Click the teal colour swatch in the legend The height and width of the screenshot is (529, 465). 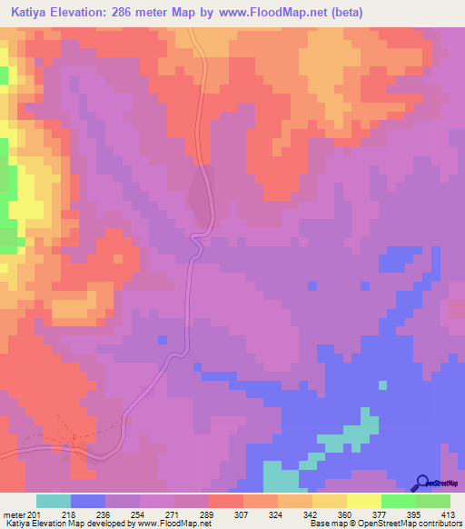click(x=54, y=501)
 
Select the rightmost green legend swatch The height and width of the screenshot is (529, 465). click(x=433, y=501)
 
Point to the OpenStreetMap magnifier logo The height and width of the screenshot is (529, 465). click(x=422, y=483)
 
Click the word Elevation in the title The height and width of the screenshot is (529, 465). click(x=91, y=12)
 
